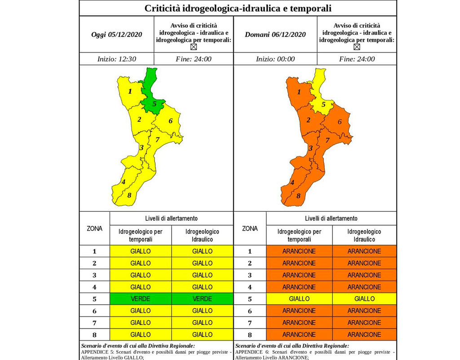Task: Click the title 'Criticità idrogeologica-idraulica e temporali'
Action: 238,8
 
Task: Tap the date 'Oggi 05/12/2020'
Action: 116,35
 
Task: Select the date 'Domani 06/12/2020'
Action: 275,35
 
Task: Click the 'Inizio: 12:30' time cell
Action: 117,59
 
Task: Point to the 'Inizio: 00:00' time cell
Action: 275,59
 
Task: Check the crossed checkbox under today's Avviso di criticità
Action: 194,47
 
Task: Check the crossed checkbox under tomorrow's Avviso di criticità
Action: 357,47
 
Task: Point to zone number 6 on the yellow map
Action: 170,121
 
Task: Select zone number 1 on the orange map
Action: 299,92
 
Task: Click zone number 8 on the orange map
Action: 298,196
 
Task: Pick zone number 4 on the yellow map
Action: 124,182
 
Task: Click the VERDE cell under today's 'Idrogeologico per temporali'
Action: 141,299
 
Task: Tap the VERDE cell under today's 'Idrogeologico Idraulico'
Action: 203,299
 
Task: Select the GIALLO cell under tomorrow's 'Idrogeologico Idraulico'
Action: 364,299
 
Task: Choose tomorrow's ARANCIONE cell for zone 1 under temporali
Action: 299,251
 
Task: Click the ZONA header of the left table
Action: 94,229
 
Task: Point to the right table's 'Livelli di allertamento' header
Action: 331,218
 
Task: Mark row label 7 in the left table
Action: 94,323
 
